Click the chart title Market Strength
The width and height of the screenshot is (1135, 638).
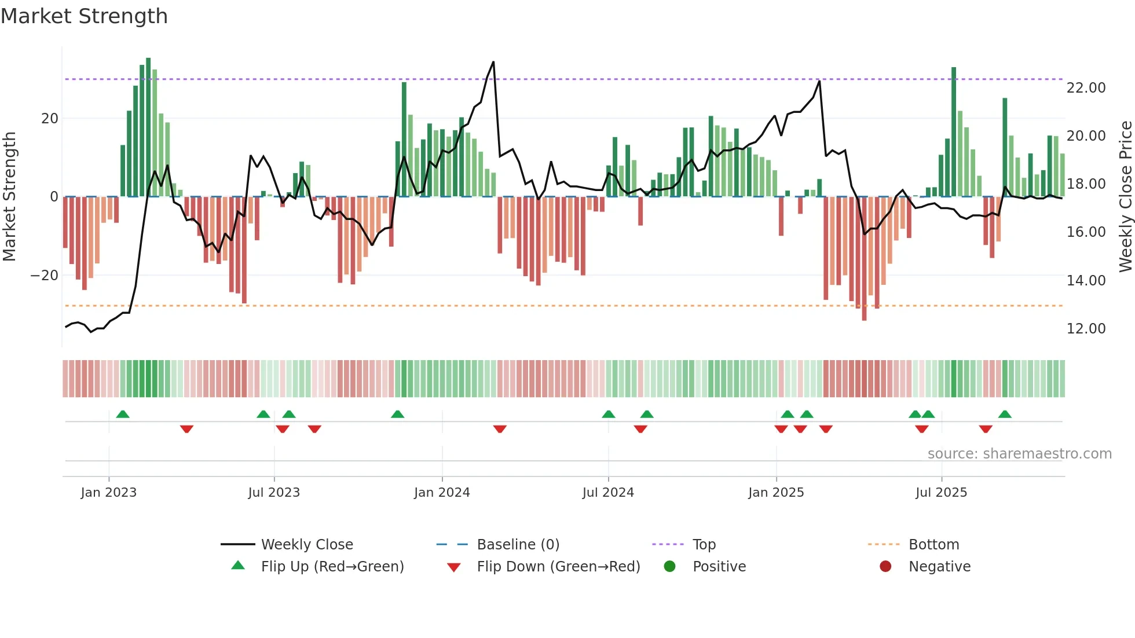[x=84, y=16]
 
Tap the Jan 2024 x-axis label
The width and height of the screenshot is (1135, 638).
[x=442, y=493]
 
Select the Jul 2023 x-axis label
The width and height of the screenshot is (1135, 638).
[x=274, y=493]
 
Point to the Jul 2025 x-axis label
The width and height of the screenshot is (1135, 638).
[x=941, y=493]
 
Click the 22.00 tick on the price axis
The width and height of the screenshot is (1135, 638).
[x=1086, y=88]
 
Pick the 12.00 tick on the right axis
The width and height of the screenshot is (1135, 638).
[x=1086, y=329]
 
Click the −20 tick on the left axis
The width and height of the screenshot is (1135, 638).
[x=45, y=276]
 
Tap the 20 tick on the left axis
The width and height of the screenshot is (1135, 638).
[x=50, y=119]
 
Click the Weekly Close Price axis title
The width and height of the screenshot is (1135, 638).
[x=1125, y=197]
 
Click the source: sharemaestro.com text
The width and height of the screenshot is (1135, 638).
[x=1019, y=454]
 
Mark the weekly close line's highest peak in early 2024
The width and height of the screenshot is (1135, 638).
[x=493, y=62]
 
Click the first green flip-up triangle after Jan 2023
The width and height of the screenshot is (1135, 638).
[x=123, y=414]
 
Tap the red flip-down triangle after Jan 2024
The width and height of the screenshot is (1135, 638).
[x=500, y=429]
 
